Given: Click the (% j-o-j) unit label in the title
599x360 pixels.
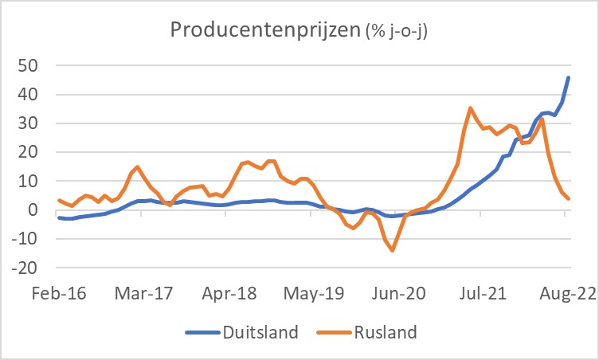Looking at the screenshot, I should click(403, 33).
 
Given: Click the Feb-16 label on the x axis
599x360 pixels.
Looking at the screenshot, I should click(59, 293).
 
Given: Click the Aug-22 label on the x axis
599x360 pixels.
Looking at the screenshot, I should click(568, 293).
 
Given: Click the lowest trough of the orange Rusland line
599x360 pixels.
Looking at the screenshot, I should click(393, 250).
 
